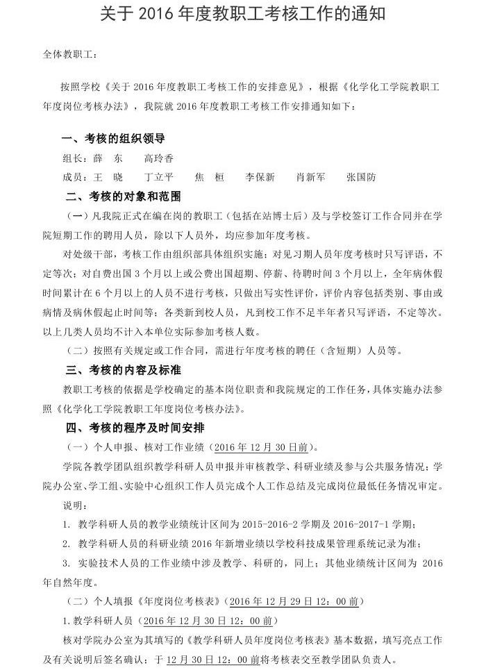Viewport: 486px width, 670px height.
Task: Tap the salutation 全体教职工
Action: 70,54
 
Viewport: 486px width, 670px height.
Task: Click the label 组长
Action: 75,158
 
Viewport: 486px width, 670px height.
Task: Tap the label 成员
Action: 75,177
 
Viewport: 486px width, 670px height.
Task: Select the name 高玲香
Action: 159,158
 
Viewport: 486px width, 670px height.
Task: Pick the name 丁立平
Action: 159,177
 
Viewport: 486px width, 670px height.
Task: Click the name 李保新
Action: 260,177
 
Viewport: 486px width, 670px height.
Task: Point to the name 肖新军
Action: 310,177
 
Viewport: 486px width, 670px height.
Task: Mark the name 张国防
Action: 361,177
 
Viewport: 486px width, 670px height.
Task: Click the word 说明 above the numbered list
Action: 74,502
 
